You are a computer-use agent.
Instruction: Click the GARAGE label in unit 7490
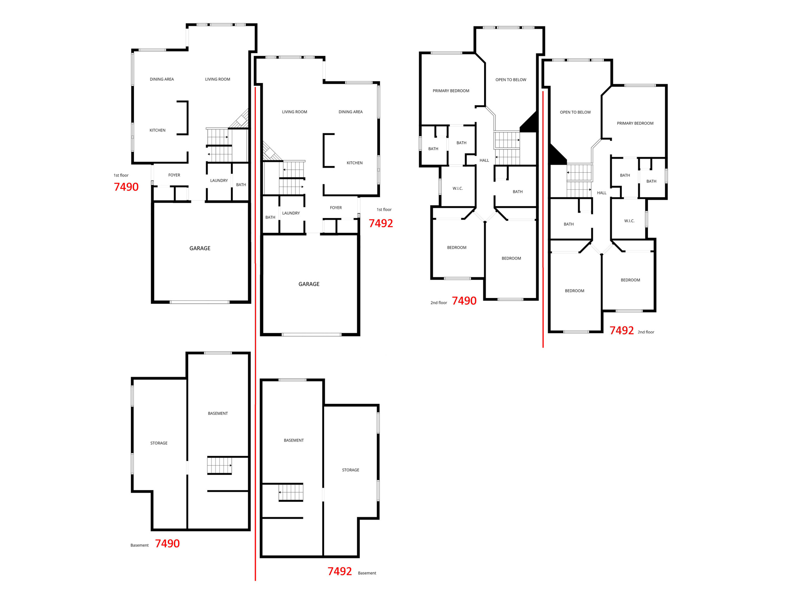click(200, 248)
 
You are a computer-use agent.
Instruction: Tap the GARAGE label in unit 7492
click(309, 284)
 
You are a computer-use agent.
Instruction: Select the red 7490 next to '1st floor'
click(126, 187)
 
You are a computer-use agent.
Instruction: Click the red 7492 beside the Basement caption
click(339, 571)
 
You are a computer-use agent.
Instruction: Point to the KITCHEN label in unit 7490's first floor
click(157, 130)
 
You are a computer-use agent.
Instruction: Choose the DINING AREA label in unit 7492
click(350, 112)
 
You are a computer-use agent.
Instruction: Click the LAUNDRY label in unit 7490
click(219, 180)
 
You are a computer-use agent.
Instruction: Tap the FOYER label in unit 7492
click(335, 208)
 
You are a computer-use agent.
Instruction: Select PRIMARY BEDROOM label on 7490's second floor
click(451, 91)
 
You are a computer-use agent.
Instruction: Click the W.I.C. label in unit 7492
click(629, 221)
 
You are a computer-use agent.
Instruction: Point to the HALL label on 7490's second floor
click(484, 160)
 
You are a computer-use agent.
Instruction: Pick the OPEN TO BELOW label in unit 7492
click(575, 112)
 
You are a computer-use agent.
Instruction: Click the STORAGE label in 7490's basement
click(159, 443)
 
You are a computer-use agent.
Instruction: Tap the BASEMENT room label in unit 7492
click(293, 440)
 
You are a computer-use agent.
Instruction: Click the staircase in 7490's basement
click(219, 466)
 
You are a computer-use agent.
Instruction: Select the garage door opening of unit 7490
click(200, 302)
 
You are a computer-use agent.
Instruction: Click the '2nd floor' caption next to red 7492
click(646, 332)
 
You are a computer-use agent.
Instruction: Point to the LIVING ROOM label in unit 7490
click(217, 79)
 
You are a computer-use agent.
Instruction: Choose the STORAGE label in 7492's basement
click(350, 470)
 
